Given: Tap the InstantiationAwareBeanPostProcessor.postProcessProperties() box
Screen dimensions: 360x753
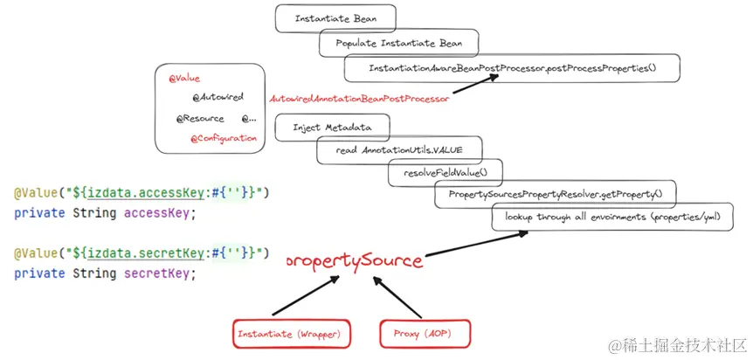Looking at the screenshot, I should coord(512,68).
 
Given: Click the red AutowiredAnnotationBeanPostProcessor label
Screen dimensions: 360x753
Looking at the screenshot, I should coord(359,99).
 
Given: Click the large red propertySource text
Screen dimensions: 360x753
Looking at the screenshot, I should coord(354,260).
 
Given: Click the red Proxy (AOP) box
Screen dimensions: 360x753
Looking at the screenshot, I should coord(425,333).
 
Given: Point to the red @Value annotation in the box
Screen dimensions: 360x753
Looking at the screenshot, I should coord(184,79).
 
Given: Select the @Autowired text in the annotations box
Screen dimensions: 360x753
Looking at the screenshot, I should coord(218,97).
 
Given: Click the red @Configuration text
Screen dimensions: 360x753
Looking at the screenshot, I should coord(224,138).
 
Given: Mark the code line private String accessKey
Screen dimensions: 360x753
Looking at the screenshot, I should coord(105,212).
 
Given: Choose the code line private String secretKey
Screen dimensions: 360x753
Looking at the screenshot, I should coord(105,273).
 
